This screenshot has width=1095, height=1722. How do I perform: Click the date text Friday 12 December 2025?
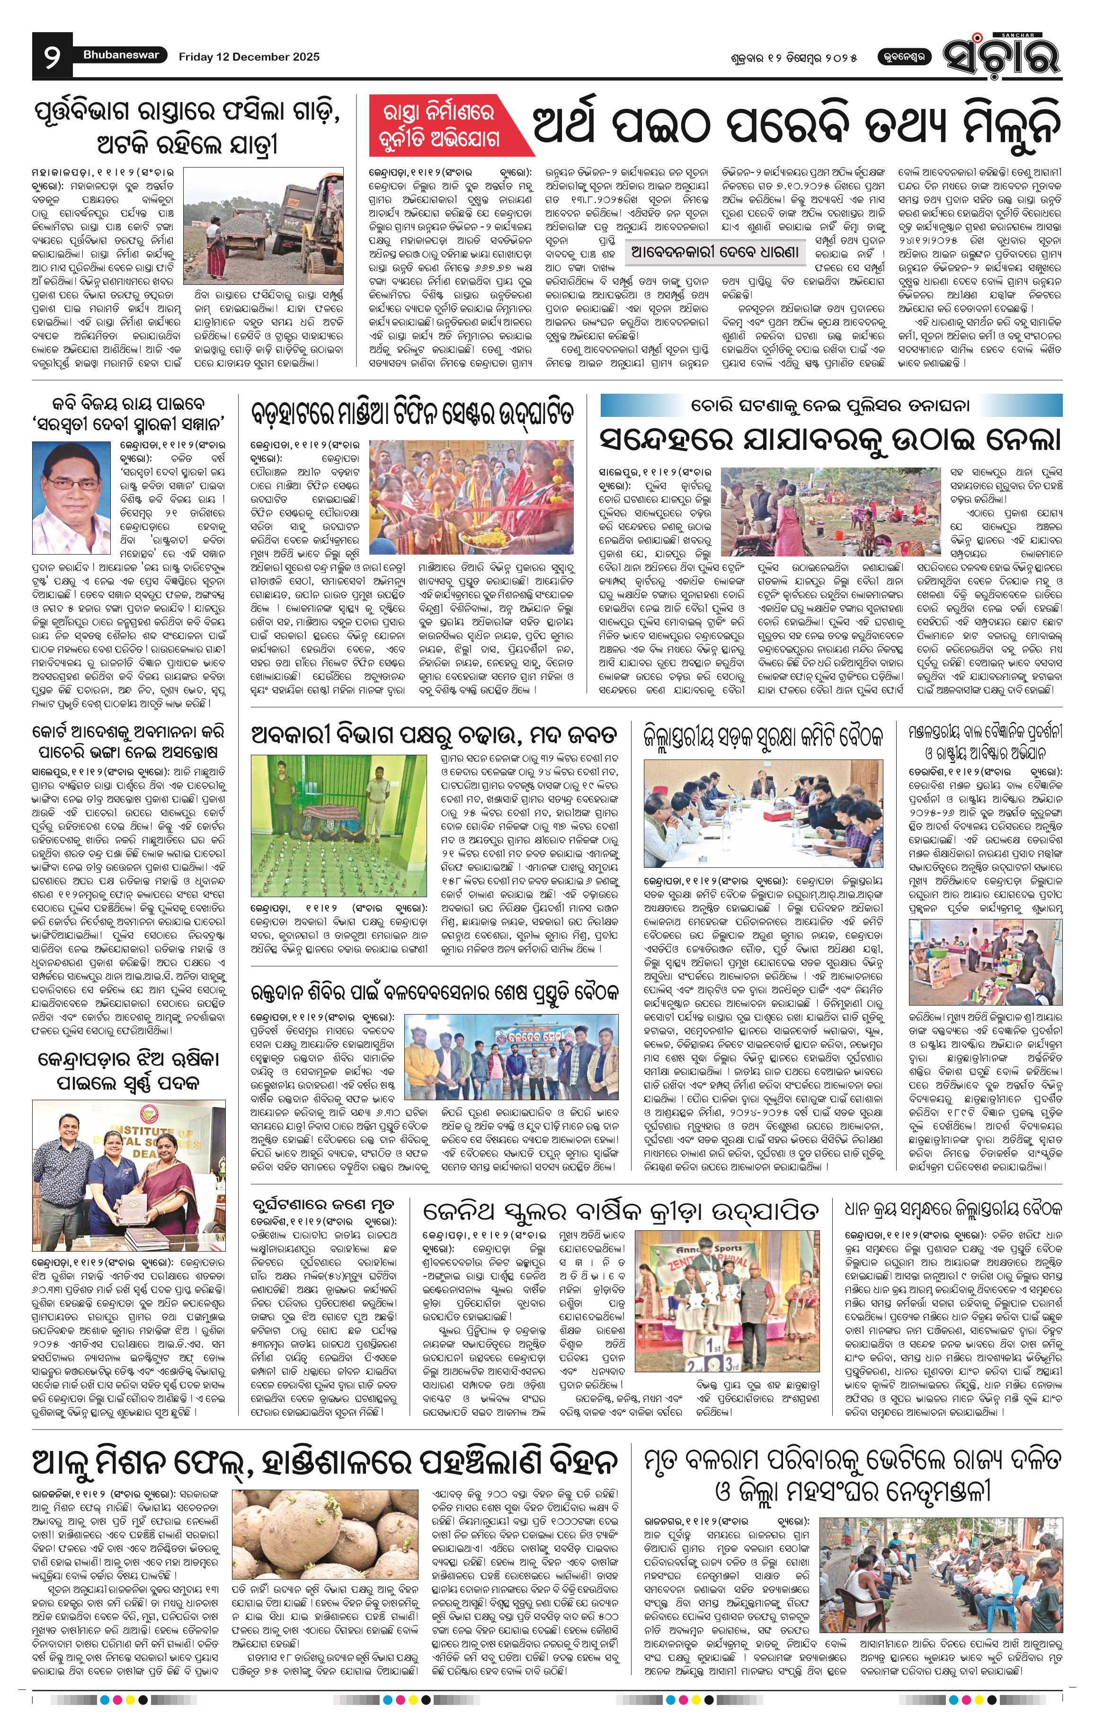point(249,56)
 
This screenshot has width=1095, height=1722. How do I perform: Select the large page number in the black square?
point(52,56)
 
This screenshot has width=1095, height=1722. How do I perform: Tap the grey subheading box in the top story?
point(716,252)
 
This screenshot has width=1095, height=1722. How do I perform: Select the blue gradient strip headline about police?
point(830,406)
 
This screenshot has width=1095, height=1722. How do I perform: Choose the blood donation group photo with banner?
point(511,1059)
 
